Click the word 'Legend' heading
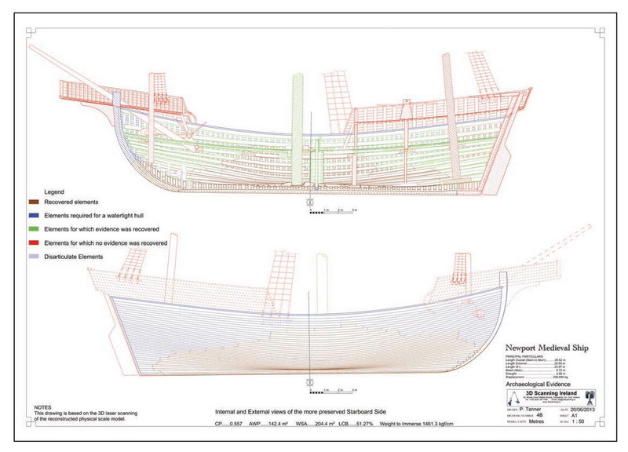[x=53, y=191]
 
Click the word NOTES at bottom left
[x=43, y=407]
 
